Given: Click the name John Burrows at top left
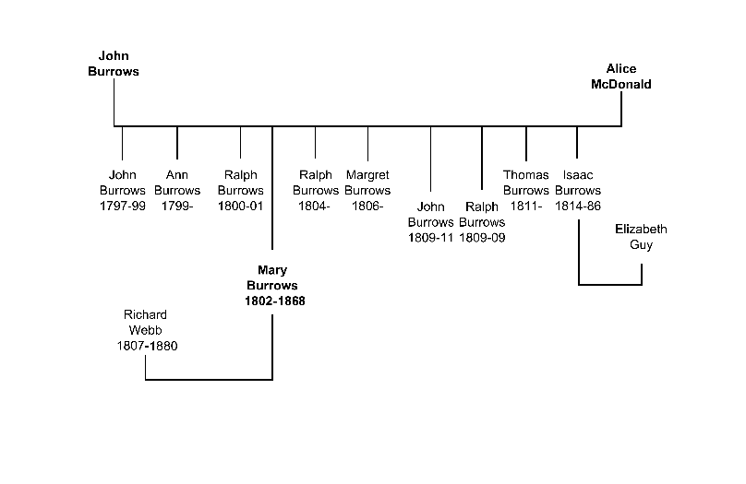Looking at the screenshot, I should (x=113, y=63).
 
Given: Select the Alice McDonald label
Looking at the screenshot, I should (x=621, y=77).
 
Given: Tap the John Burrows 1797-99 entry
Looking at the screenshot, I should (x=122, y=190).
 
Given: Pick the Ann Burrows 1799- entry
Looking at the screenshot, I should (x=177, y=190).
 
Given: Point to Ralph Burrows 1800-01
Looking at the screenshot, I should (x=240, y=190).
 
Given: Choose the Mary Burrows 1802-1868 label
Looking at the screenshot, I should (x=274, y=286).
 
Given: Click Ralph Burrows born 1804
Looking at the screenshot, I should (x=316, y=190).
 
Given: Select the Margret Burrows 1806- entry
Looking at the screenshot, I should (x=367, y=190).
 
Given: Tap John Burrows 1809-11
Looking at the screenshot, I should (x=431, y=222).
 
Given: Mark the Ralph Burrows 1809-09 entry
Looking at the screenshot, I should (x=482, y=222).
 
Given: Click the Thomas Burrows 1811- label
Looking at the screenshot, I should (x=526, y=190).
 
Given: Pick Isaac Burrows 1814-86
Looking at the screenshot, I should (x=578, y=190).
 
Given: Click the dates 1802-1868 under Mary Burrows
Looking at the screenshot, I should (x=274, y=301).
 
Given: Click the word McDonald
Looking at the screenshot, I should (x=621, y=84).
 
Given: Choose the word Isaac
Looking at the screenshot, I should (x=578, y=174).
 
